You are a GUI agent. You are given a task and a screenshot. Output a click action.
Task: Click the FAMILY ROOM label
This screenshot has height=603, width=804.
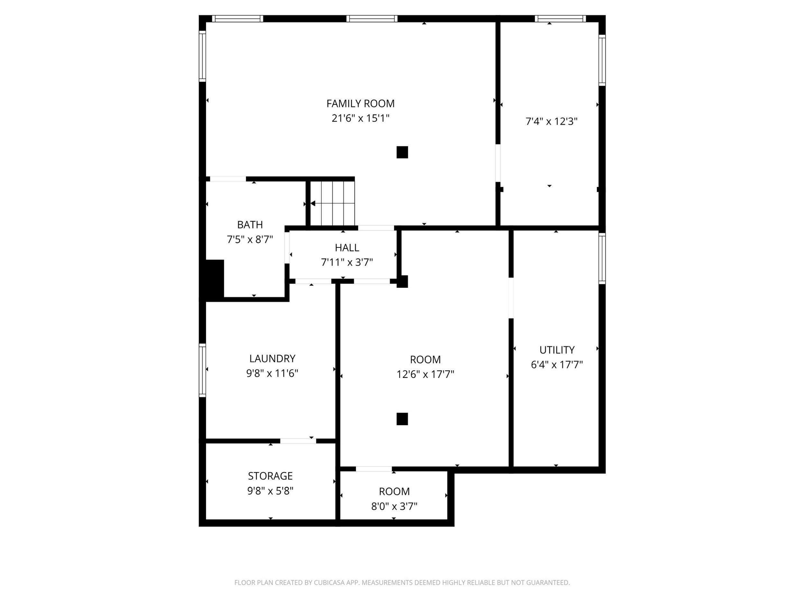pyautogui.click(x=360, y=104)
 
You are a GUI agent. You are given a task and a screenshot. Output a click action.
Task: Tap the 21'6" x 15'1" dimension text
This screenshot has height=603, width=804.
pyautogui.click(x=360, y=118)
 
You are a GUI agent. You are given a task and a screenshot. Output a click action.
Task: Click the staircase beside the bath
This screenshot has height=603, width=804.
pyautogui.click(x=333, y=204)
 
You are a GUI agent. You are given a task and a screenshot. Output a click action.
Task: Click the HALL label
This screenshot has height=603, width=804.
pyautogui.click(x=347, y=248)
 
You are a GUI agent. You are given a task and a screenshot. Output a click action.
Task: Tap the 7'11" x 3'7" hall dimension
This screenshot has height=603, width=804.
pyautogui.click(x=347, y=262)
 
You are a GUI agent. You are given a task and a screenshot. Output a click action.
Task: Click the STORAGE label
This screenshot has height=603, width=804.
pyautogui.click(x=270, y=476)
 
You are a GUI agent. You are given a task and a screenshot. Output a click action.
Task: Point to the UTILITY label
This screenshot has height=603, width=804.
pyautogui.click(x=557, y=350)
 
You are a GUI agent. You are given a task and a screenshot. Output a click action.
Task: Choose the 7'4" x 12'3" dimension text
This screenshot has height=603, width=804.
pyautogui.click(x=552, y=121)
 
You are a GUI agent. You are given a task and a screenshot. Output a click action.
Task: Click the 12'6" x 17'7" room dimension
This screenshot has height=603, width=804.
pyautogui.click(x=425, y=374)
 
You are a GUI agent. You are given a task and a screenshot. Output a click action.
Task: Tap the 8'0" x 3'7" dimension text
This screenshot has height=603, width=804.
pyautogui.click(x=394, y=506)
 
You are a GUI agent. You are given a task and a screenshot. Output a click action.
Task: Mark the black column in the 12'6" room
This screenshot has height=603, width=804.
pyautogui.click(x=402, y=419)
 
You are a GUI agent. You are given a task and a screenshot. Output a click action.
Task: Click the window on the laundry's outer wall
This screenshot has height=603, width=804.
pyautogui.click(x=203, y=370)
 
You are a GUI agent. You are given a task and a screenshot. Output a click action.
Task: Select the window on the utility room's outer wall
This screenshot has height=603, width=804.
pyautogui.click(x=602, y=259)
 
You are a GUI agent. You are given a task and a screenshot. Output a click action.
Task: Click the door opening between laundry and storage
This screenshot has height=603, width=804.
pyautogui.click(x=298, y=441)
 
